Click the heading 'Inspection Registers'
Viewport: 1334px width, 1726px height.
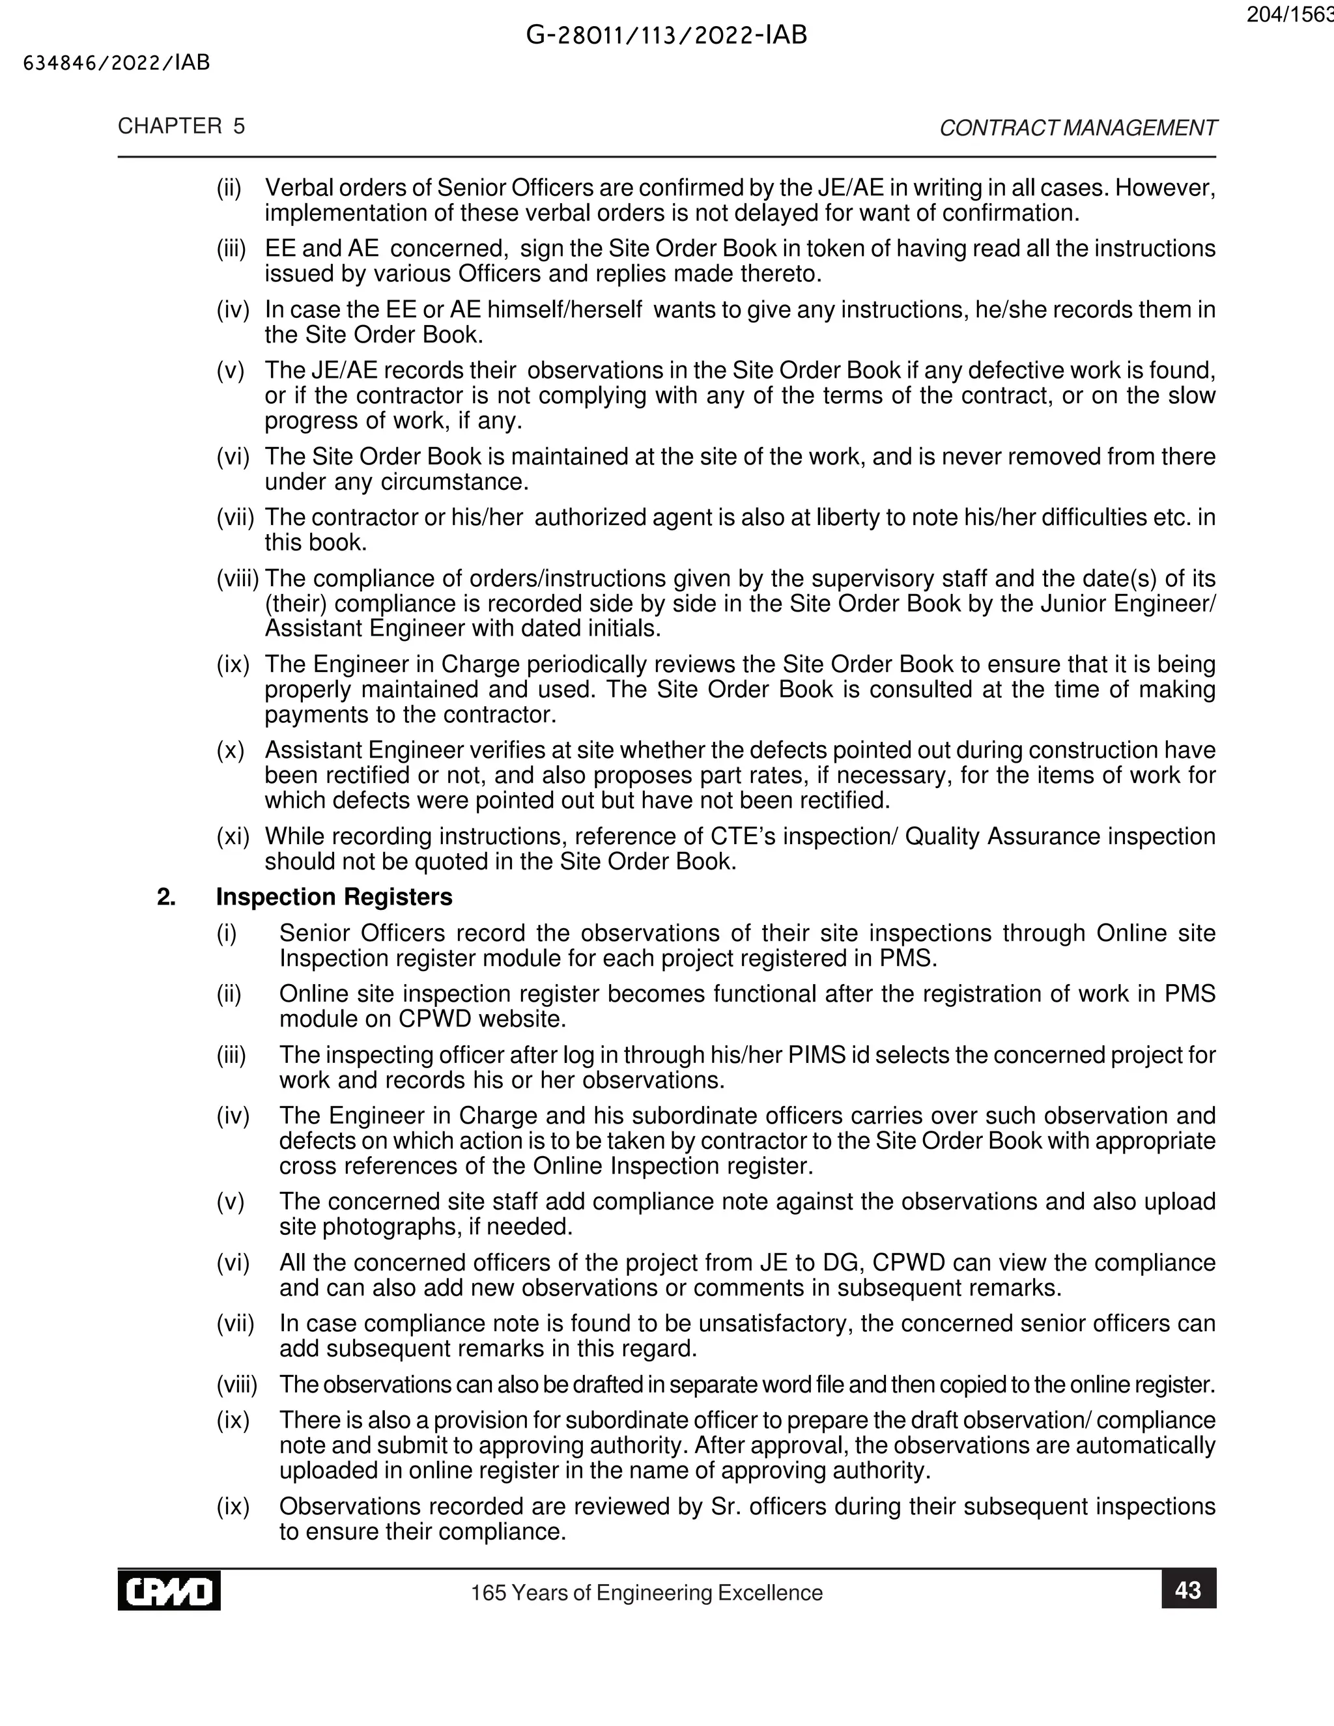333,897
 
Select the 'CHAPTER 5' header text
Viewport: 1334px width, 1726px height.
181,126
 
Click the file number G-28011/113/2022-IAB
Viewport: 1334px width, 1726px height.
666,36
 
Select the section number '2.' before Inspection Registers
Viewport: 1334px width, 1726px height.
166,897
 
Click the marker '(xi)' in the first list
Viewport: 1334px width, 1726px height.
233,836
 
